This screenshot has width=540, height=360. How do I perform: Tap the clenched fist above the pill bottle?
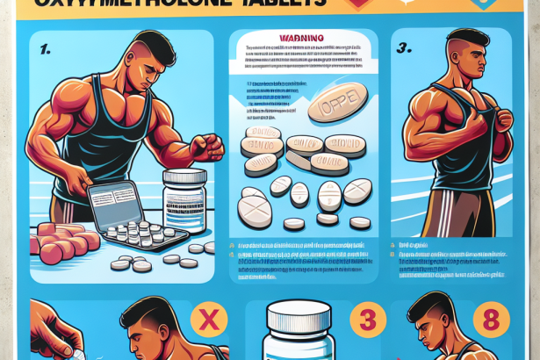pyautogui.click(x=207, y=145)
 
